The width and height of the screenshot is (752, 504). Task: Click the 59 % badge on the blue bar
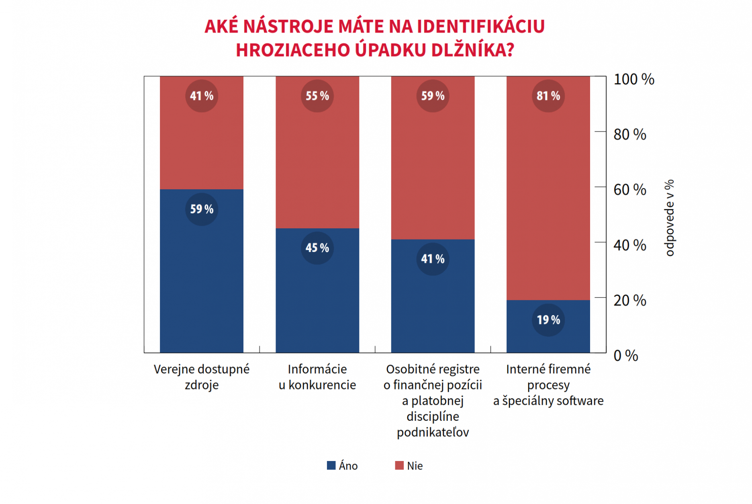(x=202, y=209)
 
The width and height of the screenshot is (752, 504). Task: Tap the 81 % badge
(x=548, y=96)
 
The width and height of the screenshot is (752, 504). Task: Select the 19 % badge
(x=548, y=320)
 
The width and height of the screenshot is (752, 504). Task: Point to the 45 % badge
(x=317, y=248)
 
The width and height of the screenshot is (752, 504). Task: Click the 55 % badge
(x=317, y=96)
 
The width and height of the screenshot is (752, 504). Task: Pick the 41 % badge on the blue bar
(x=433, y=259)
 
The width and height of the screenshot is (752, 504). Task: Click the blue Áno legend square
(x=331, y=465)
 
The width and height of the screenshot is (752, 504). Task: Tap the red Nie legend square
(x=399, y=465)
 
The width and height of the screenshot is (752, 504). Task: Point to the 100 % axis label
(x=633, y=80)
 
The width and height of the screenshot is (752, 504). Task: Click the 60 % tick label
(x=629, y=190)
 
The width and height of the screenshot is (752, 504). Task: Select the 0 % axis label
(x=625, y=356)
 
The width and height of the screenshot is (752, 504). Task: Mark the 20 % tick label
(x=629, y=301)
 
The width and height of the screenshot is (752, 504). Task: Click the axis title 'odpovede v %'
(x=669, y=218)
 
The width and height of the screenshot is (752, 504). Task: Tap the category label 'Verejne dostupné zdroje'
(x=202, y=377)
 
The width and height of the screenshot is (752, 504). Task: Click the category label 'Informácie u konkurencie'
(x=317, y=377)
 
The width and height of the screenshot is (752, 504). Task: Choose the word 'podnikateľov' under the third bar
(x=433, y=432)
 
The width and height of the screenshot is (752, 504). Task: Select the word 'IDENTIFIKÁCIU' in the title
(x=480, y=27)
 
